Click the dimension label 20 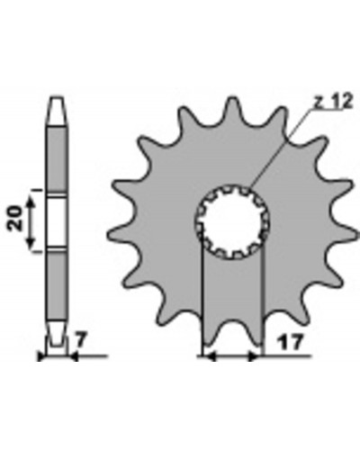(x=16, y=219)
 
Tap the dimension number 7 (x=81, y=341)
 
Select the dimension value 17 (x=289, y=342)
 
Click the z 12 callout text (x=333, y=102)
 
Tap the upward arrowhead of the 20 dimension (x=31, y=202)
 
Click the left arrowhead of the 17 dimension (x=210, y=356)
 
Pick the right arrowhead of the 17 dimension (x=255, y=356)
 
